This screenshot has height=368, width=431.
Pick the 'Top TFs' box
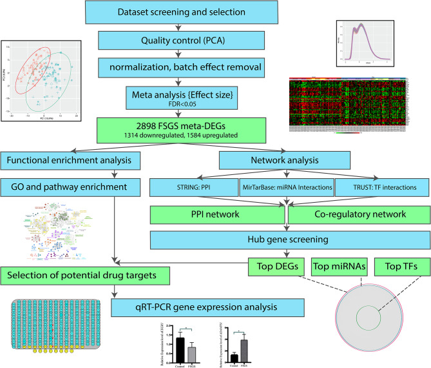click(401, 264)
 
